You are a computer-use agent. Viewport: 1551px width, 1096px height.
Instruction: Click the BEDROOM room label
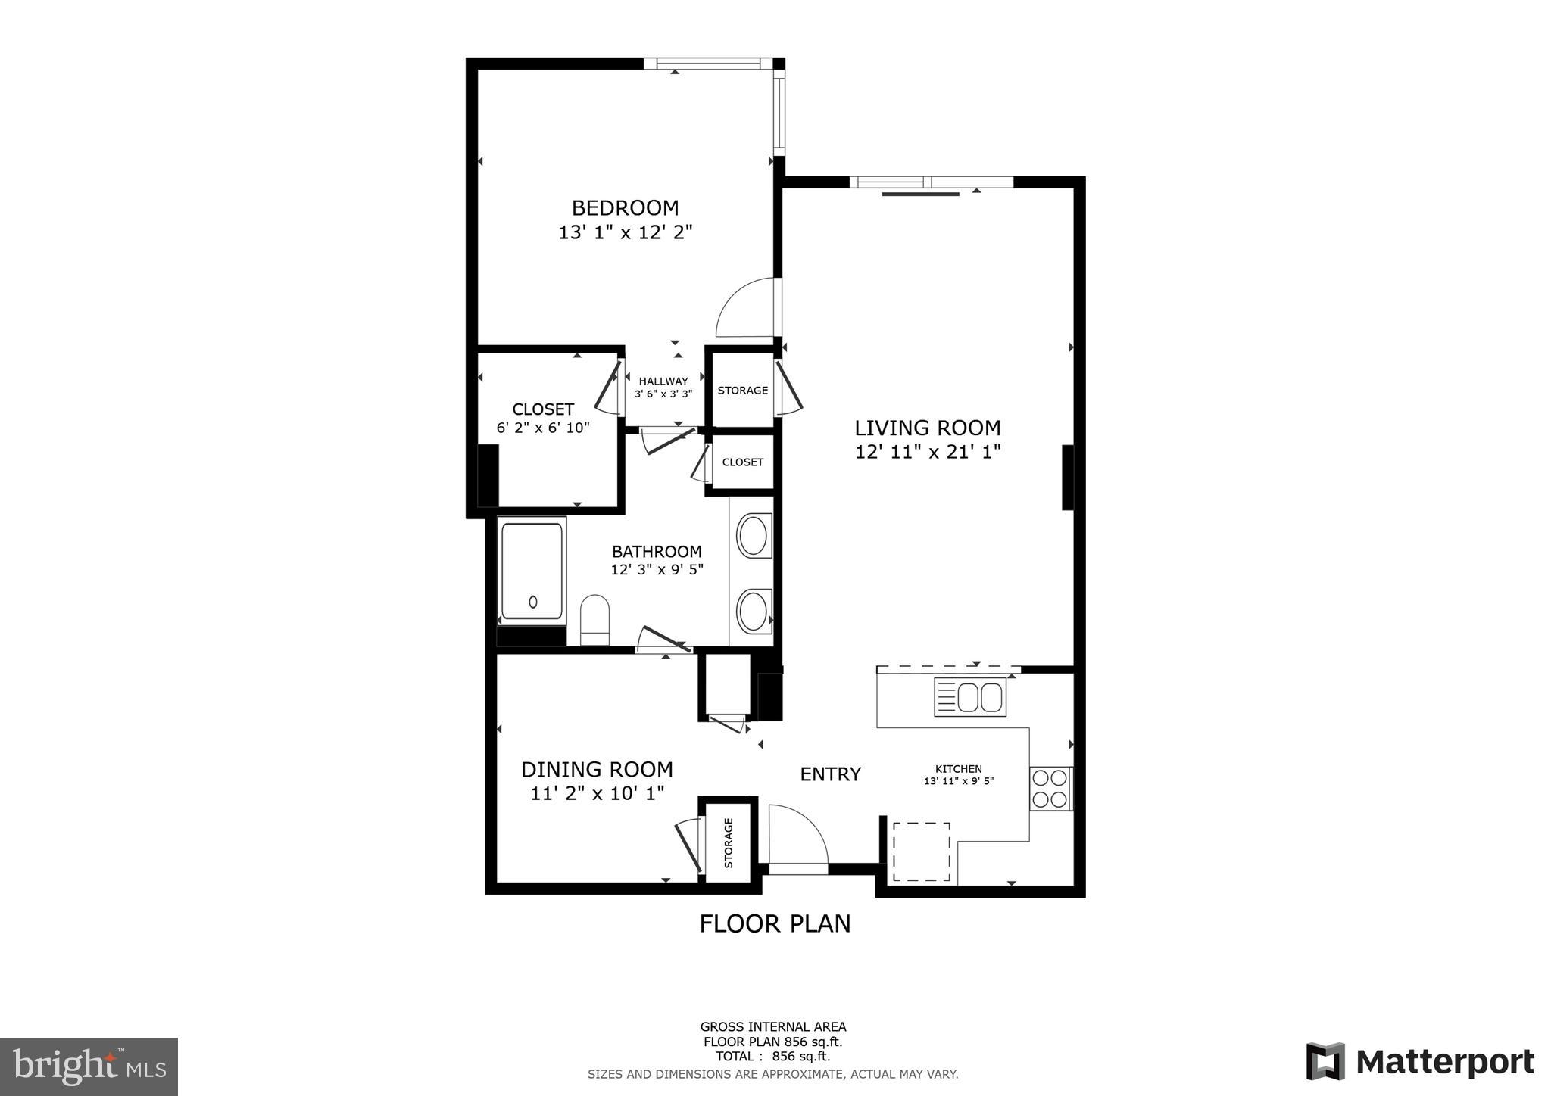pyautogui.click(x=625, y=207)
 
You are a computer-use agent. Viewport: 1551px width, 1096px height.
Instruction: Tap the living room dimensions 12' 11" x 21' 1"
pyautogui.click(x=928, y=452)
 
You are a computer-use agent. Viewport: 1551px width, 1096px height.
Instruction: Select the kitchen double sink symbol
pyautogui.click(x=970, y=697)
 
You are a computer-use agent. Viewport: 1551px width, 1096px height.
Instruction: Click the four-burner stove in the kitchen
pyautogui.click(x=1051, y=788)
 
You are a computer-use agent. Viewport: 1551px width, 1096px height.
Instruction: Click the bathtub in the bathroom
pyautogui.click(x=532, y=571)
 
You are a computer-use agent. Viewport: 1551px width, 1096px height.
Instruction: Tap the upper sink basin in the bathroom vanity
pyautogui.click(x=753, y=535)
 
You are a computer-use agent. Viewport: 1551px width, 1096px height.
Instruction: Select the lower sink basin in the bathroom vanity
pyautogui.click(x=753, y=612)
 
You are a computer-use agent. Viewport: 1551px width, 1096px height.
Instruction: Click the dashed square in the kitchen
pyautogui.click(x=922, y=852)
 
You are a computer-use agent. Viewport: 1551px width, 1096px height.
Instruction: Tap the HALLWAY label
pyautogui.click(x=663, y=381)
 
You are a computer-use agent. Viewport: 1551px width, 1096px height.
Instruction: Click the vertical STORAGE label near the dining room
pyautogui.click(x=729, y=842)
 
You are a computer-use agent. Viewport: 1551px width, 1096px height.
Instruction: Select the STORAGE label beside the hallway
pyautogui.click(x=743, y=391)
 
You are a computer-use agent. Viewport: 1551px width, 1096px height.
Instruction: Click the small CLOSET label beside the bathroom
pyautogui.click(x=743, y=462)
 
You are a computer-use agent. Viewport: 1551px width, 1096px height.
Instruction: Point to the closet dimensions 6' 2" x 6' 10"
pyautogui.click(x=543, y=428)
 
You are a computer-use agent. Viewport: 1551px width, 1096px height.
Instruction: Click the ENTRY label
pyautogui.click(x=831, y=774)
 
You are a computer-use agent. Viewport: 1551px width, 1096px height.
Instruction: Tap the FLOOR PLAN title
pyautogui.click(x=775, y=923)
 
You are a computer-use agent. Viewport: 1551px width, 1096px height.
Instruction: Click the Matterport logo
pyautogui.click(x=1420, y=1061)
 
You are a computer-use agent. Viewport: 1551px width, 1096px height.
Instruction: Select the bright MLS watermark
pyautogui.click(x=89, y=1066)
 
